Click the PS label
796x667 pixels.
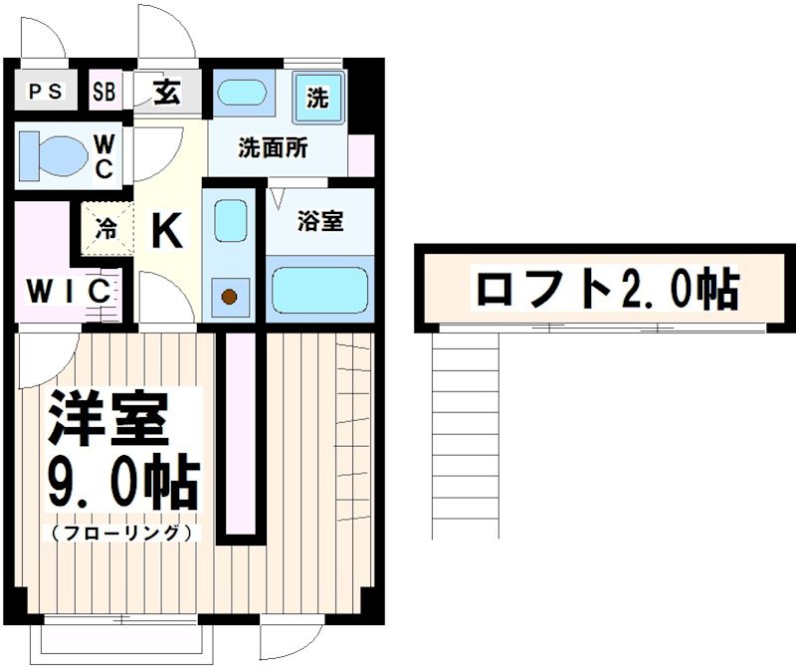click(45, 93)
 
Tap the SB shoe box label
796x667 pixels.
click(103, 93)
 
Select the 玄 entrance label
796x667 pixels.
click(166, 93)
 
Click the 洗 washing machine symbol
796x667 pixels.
click(317, 98)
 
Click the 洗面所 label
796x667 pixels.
click(272, 149)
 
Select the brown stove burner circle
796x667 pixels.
click(230, 296)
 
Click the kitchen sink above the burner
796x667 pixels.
click(231, 220)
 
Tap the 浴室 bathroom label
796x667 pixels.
click(319, 221)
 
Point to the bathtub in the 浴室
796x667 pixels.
click(318, 290)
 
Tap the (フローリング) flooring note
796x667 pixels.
click(119, 533)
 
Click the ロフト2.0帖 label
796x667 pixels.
click(606, 289)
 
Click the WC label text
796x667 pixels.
click(103, 155)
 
